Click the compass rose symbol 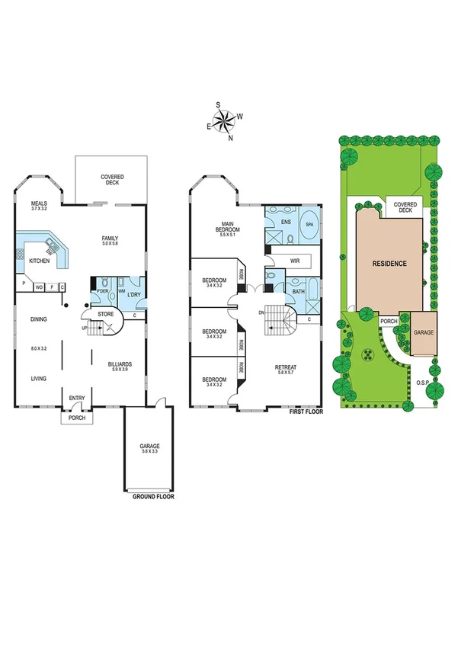pos(224,121)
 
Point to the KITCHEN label pos(40,261)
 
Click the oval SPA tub pos(309,226)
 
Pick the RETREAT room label pos(286,368)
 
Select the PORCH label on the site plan pos(389,322)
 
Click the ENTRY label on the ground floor pos(77,398)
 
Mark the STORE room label pos(104,313)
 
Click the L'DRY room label pos(134,293)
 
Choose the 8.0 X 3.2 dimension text pos(39,348)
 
